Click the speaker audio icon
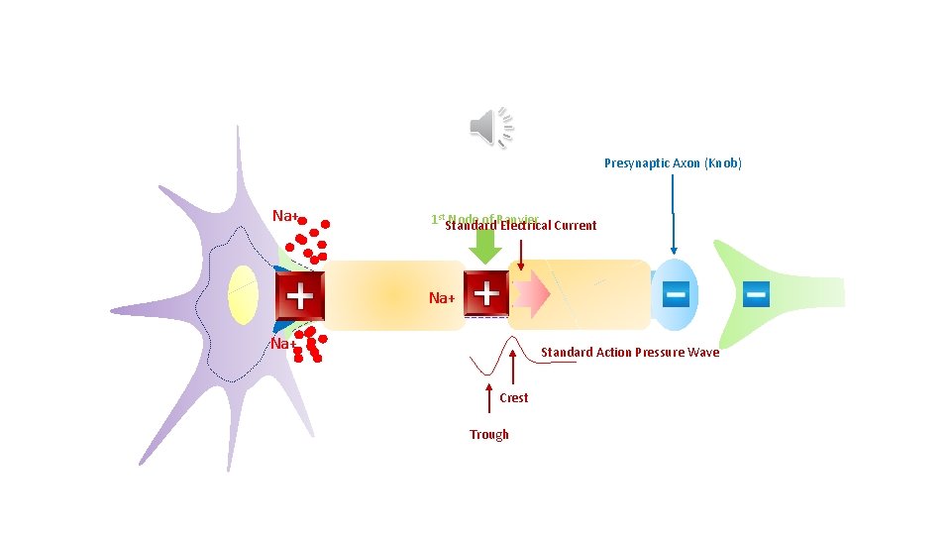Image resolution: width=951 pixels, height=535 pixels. pyautogui.click(x=491, y=128)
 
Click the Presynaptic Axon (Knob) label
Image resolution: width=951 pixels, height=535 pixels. pyautogui.click(x=673, y=162)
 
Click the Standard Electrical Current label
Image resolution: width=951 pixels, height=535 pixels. pyautogui.click(x=521, y=226)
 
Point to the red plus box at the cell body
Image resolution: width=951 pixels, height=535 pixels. pyautogui.click(x=299, y=296)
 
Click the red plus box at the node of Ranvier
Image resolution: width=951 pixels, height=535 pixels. pyautogui.click(x=485, y=293)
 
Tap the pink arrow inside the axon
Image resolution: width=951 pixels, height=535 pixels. pyautogui.click(x=529, y=294)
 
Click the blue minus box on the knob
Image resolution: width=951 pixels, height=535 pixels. pyautogui.click(x=676, y=293)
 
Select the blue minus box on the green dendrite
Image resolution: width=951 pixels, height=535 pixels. pyautogui.click(x=755, y=293)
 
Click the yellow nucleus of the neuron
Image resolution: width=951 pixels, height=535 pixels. pyautogui.click(x=243, y=295)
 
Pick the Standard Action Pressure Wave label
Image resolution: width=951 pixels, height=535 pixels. pyautogui.click(x=630, y=352)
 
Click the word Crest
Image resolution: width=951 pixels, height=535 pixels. pyautogui.click(x=514, y=397)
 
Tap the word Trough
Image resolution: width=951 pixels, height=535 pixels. pyautogui.click(x=489, y=434)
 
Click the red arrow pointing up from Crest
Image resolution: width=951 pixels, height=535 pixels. pyautogui.click(x=513, y=368)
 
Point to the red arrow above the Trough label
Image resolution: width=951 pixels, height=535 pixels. pyautogui.click(x=489, y=401)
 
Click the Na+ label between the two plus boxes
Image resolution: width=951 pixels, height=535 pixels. pyautogui.click(x=442, y=298)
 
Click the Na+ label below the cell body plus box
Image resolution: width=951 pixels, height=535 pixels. pyautogui.click(x=283, y=344)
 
